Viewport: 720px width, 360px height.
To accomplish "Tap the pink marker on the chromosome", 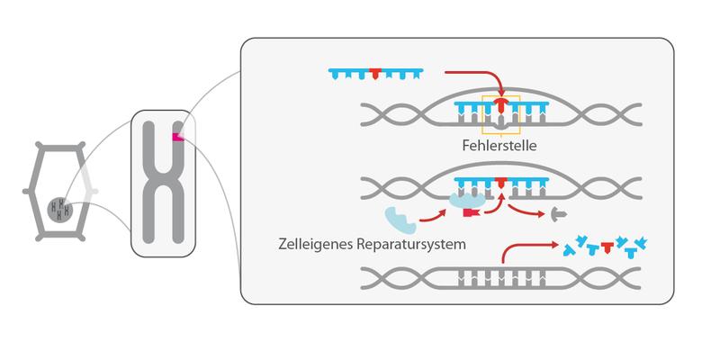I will click(x=179, y=135).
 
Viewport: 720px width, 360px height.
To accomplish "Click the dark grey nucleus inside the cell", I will click(x=61, y=209).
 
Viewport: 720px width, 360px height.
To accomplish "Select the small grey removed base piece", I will click(x=558, y=214).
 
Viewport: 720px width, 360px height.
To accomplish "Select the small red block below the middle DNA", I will click(x=468, y=212).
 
